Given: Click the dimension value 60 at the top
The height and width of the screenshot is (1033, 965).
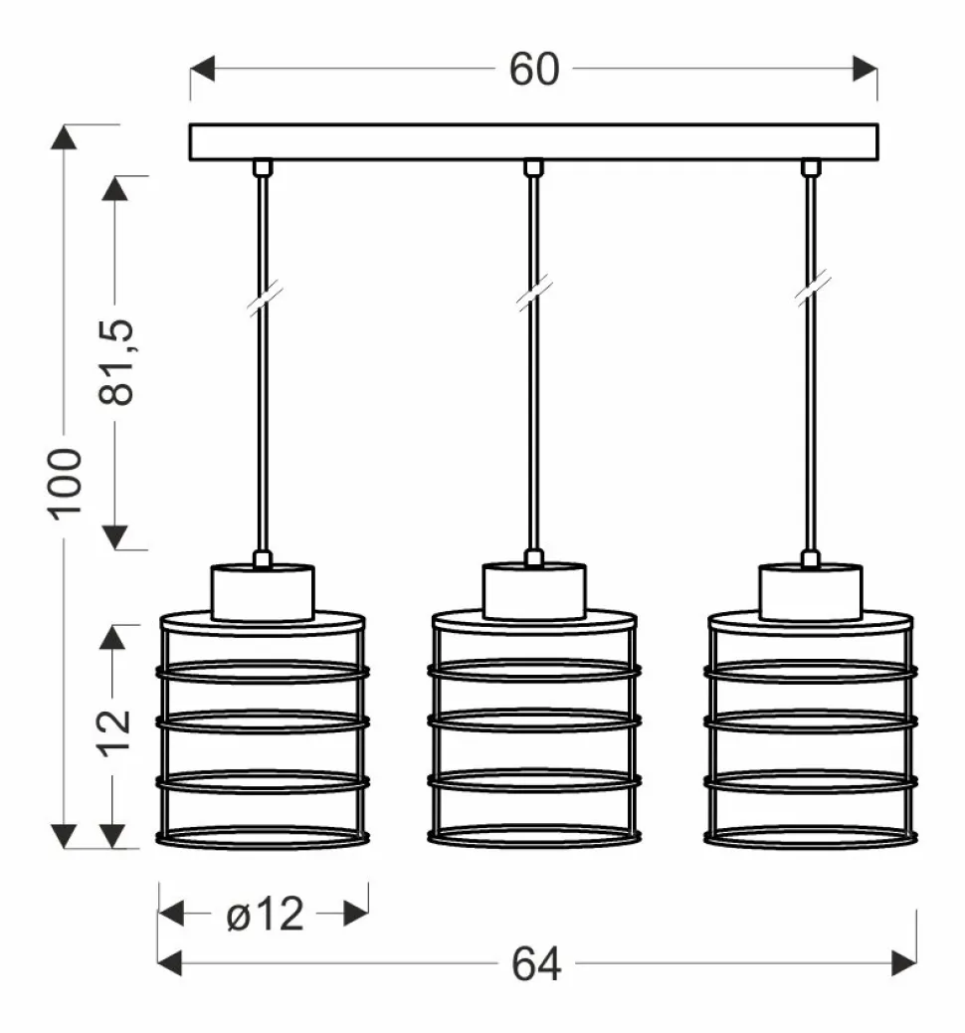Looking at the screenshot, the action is point(534,70).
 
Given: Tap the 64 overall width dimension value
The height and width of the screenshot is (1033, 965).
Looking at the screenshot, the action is point(536,963).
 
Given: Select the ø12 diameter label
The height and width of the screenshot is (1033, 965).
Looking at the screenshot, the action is point(265,914).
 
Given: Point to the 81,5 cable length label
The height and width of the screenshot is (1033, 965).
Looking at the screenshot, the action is point(116,361).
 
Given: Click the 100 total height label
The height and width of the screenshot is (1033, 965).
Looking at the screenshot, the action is point(64,485).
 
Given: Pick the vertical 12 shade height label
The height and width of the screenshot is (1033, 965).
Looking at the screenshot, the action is point(114,732).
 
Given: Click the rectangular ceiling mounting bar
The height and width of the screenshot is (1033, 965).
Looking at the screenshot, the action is point(533,141).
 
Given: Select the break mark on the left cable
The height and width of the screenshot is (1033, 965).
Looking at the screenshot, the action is point(265,298).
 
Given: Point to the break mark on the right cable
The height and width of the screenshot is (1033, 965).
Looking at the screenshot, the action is point(812,290).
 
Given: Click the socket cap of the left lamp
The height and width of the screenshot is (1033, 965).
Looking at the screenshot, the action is point(263,592).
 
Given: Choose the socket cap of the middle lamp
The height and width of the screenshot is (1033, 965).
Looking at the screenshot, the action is point(534,591).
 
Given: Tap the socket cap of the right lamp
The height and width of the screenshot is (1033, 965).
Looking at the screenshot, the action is point(810,592).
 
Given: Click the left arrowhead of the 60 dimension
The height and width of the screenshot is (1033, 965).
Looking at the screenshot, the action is point(202,69).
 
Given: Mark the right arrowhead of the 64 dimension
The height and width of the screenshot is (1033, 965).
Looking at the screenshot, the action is point(903,963).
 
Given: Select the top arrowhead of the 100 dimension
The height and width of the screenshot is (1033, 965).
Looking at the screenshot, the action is point(64,137).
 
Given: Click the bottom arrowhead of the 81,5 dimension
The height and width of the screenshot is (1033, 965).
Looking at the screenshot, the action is point(115,537).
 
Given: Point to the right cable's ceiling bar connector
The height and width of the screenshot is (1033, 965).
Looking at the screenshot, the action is point(811,168).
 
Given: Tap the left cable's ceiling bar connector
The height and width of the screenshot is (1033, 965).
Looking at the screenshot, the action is point(263,168).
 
